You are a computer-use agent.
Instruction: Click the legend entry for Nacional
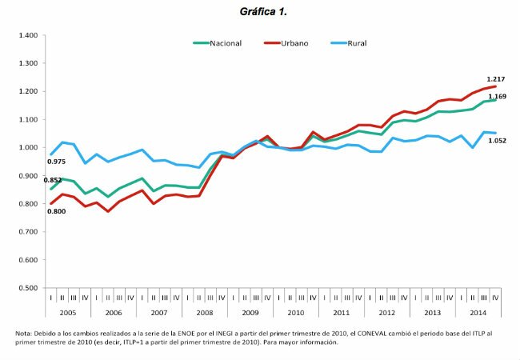pyautogui.click(x=225, y=42)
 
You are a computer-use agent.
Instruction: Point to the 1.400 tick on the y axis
pyautogui.click(x=28, y=36)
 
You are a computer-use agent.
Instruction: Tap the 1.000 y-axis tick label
pyautogui.click(x=28, y=148)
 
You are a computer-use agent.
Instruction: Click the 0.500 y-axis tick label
pyautogui.click(x=28, y=288)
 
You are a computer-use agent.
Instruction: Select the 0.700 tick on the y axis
pyautogui.click(x=28, y=232)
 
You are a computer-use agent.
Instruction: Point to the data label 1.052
pyautogui.click(x=498, y=140)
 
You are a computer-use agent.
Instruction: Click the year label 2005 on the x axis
pyautogui.click(x=69, y=312)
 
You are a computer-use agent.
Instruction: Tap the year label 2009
pyautogui.click(x=250, y=312)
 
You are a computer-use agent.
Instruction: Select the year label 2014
pyautogui.click(x=478, y=312)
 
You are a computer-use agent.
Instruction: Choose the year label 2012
pyautogui.click(x=387, y=312)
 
